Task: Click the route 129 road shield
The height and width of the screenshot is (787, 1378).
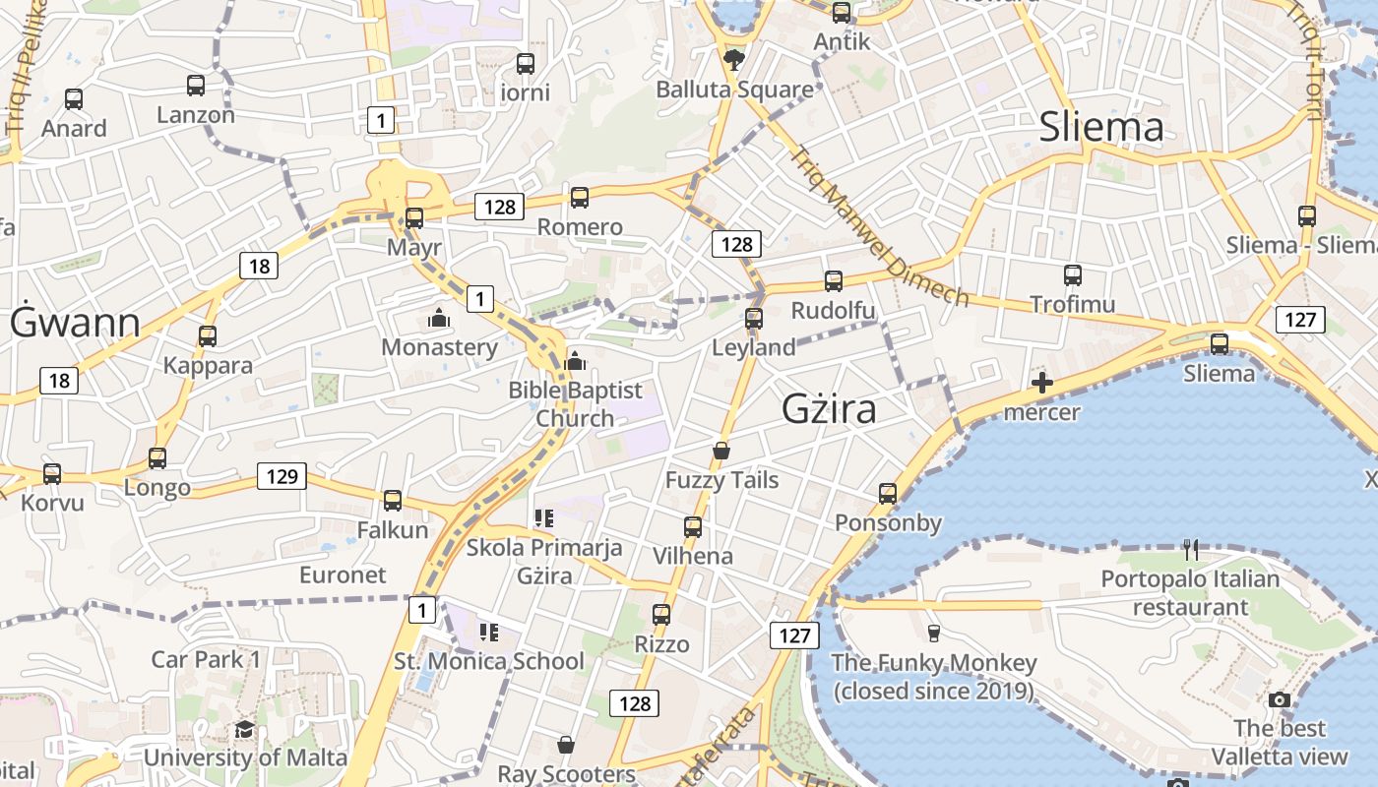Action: pyautogui.click(x=282, y=477)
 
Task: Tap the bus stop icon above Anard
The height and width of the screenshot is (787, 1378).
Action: pyautogui.click(x=74, y=99)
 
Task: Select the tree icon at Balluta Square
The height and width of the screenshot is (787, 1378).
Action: pyautogui.click(x=733, y=60)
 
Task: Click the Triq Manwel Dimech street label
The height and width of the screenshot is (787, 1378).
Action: pyautogui.click(x=880, y=227)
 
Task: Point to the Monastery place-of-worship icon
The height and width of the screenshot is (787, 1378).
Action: pyautogui.click(x=438, y=318)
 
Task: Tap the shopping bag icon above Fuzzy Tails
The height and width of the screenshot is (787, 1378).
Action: pyautogui.click(x=721, y=451)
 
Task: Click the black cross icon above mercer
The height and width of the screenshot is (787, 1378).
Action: pyautogui.click(x=1041, y=383)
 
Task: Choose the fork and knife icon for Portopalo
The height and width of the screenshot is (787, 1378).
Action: pyautogui.click(x=1191, y=549)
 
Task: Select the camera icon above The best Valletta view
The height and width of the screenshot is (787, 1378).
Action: pyautogui.click(x=1279, y=699)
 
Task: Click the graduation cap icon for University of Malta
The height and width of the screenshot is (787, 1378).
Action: pyautogui.click(x=244, y=729)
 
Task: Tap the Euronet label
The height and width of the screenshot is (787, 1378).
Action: pyautogui.click(x=343, y=575)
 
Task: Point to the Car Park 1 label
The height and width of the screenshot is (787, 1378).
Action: pyautogui.click(x=206, y=659)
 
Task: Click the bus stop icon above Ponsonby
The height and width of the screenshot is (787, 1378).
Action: pyautogui.click(x=888, y=493)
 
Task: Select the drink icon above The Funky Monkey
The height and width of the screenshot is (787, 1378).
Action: pyautogui.click(x=934, y=633)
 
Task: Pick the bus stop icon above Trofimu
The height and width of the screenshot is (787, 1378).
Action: pyautogui.click(x=1073, y=275)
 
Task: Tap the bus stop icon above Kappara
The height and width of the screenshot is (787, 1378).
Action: pyautogui.click(x=208, y=336)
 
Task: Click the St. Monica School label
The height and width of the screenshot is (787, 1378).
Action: pyautogui.click(x=488, y=661)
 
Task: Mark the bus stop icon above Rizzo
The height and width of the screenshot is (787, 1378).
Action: pyautogui.click(x=661, y=615)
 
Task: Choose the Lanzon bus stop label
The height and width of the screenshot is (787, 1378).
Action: pyautogui.click(x=196, y=115)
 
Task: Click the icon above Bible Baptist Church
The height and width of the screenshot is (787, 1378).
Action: pyautogui.click(x=576, y=361)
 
